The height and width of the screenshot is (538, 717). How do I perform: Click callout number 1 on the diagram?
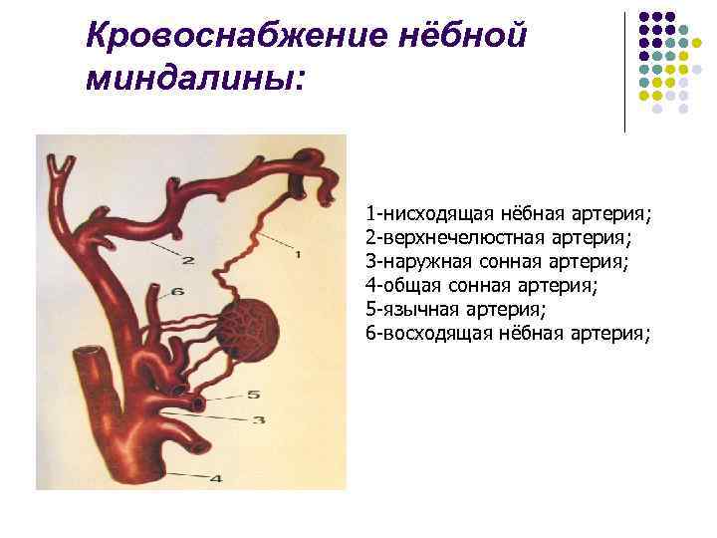(x=297, y=255)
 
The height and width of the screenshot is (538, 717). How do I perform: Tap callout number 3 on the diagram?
(x=257, y=419)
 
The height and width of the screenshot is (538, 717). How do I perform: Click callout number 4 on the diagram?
(x=215, y=477)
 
